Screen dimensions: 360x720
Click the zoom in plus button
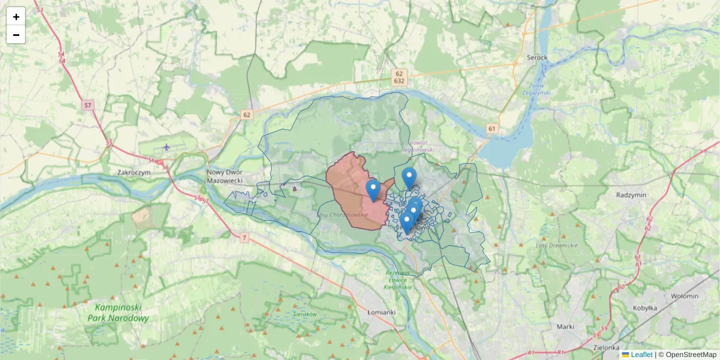[x=16, y=17]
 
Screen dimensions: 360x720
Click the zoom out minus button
[x=16, y=35]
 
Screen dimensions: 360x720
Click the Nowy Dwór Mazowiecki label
[x=232, y=176]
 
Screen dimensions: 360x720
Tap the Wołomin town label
[x=684, y=296]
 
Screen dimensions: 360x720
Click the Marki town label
[x=565, y=326]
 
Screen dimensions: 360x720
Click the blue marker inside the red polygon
[x=373, y=190]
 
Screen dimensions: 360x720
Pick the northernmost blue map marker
[x=409, y=177]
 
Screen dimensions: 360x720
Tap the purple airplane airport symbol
[x=166, y=147]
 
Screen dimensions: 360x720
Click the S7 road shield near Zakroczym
[x=88, y=106]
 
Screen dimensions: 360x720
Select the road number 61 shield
[x=492, y=128]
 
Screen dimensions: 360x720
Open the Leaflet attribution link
[x=641, y=355]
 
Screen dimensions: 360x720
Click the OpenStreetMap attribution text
[x=691, y=355]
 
